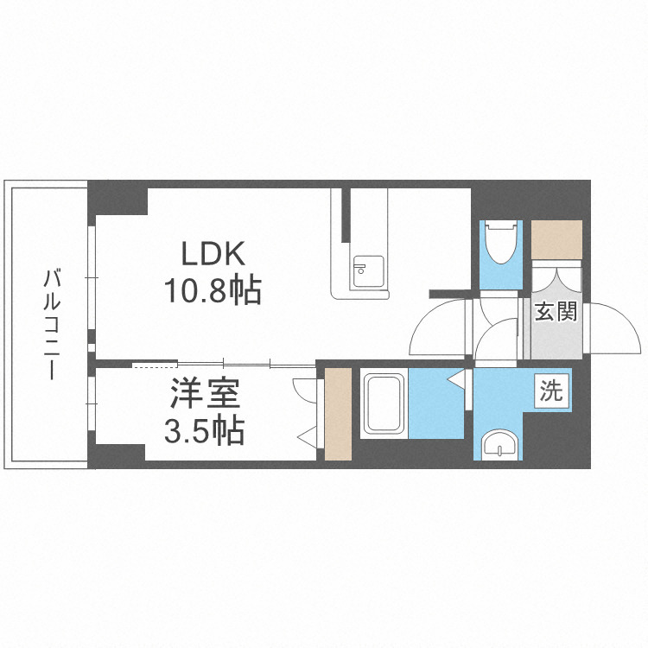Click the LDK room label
(x=213, y=254)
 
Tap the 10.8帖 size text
(x=213, y=292)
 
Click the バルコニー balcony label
(x=53, y=325)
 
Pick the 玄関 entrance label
(x=555, y=312)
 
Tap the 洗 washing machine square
(x=551, y=391)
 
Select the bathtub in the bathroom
(x=384, y=404)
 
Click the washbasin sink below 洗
(x=499, y=445)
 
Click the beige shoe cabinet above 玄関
(x=556, y=240)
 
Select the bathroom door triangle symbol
(x=456, y=378)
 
